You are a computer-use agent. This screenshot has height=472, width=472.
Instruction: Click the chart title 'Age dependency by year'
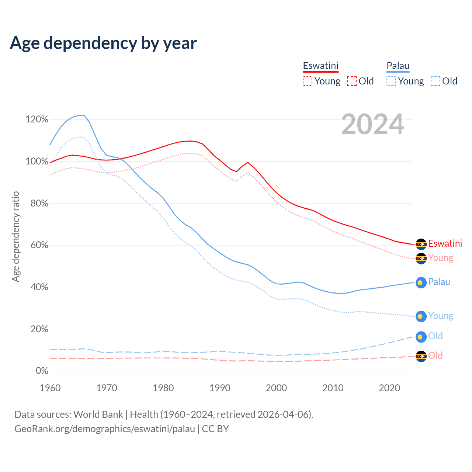[x=103, y=43]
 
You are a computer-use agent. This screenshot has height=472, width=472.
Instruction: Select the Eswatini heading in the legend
[x=320, y=66]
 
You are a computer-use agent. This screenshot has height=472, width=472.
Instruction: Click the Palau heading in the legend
[x=398, y=66]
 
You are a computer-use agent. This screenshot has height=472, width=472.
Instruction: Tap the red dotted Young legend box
[x=307, y=81]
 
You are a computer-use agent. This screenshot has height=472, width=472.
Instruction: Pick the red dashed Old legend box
[x=352, y=81]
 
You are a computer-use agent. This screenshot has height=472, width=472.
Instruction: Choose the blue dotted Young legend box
[x=391, y=81]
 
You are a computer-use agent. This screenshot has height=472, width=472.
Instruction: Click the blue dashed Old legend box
[x=435, y=81]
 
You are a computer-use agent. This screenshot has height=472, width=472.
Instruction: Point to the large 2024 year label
[x=372, y=124]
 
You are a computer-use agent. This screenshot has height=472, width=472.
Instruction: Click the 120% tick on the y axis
[x=37, y=119]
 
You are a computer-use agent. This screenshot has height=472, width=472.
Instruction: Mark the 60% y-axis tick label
[x=39, y=245]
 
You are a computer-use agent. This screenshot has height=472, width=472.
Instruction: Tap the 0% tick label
[x=42, y=371]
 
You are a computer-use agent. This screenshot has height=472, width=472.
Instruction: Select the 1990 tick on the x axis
[x=220, y=388]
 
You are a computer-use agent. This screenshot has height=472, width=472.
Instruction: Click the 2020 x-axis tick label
[x=389, y=388]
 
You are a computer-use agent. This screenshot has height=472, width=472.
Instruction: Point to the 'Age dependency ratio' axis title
[x=15, y=236]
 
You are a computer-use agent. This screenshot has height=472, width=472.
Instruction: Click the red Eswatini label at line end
[x=445, y=244]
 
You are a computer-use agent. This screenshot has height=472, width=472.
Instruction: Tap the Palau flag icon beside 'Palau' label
[x=421, y=282]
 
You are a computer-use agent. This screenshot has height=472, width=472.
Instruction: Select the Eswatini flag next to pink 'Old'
[x=421, y=356]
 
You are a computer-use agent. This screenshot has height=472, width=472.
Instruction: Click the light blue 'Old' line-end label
[x=435, y=336]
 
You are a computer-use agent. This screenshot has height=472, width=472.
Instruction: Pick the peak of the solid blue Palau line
[x=83, y=115]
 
